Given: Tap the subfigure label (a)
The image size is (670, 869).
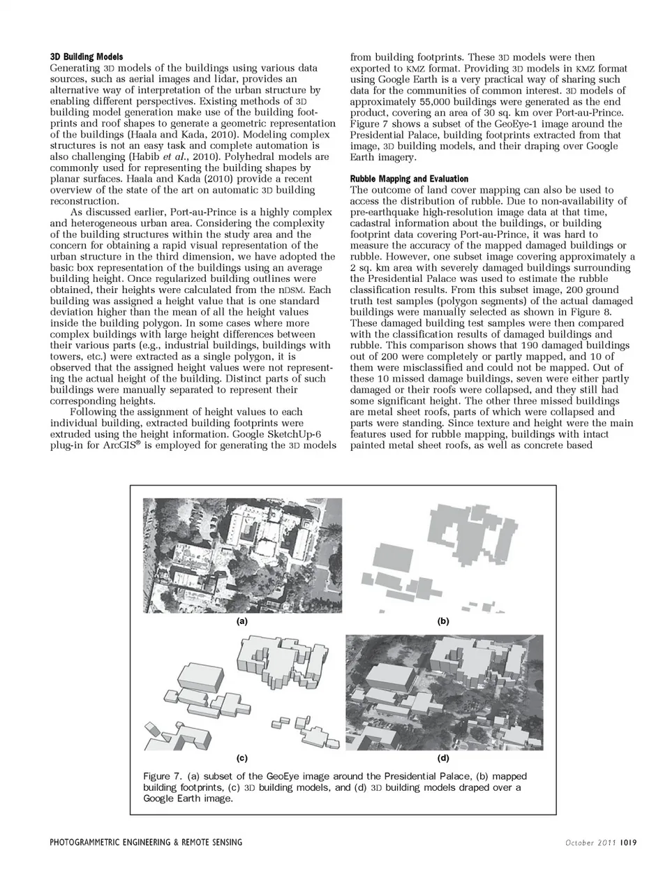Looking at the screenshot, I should click(x=241, y=621).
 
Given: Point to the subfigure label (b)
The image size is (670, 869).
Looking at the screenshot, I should click(x=442, y=621).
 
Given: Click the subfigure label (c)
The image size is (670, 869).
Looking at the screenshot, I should click(x=241, y=757).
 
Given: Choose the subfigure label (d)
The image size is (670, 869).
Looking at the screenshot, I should click(x=442, y=757).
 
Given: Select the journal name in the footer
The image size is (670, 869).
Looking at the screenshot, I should click(x=146, y=842).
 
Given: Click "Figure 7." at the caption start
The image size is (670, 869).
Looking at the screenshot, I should click(x=161, y=776).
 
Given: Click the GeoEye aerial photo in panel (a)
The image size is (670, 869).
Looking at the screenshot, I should click(x=242, y=555).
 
